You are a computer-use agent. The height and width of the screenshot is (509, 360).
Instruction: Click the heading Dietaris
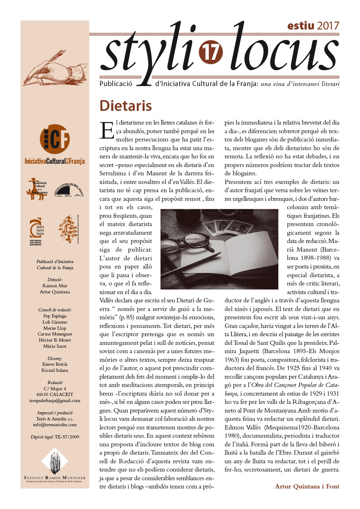[126, 106]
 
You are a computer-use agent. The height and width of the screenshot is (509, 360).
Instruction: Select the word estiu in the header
[301, 26]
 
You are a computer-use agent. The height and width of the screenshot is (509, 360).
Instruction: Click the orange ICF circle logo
[55, 139]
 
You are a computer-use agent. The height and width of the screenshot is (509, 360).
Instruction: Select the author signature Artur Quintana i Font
[307, 486]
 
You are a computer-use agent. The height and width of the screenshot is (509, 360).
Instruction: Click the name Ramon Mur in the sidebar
[55, 286]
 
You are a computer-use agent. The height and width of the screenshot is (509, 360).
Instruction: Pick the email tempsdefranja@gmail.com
[55, 401]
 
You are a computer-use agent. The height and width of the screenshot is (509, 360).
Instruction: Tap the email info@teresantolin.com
[55, 425]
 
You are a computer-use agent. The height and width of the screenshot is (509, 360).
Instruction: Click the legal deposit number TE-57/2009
[67, 437]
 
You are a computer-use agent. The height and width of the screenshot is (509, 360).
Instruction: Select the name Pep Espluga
[55, 316]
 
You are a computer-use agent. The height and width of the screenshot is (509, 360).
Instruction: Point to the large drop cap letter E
[107, 131]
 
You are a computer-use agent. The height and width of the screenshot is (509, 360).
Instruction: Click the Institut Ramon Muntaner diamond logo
[55, 461]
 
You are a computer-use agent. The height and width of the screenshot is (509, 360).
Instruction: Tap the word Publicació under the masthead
[116, 84]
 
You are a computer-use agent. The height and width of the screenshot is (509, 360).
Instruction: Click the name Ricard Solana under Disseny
[55, 370]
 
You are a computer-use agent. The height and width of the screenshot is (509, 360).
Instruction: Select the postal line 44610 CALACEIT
[55, 395]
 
